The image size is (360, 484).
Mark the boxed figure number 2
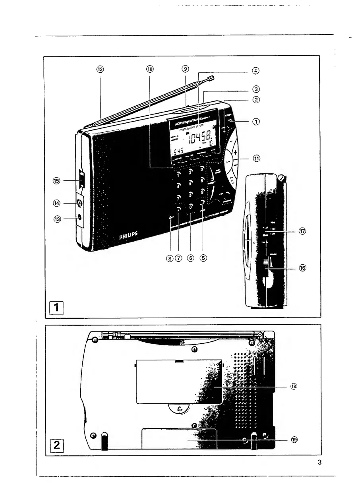56,445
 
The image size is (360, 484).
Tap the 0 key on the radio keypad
191,207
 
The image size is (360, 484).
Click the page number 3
319,462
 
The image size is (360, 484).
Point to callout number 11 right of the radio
257,158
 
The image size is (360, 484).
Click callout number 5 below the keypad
204,257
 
